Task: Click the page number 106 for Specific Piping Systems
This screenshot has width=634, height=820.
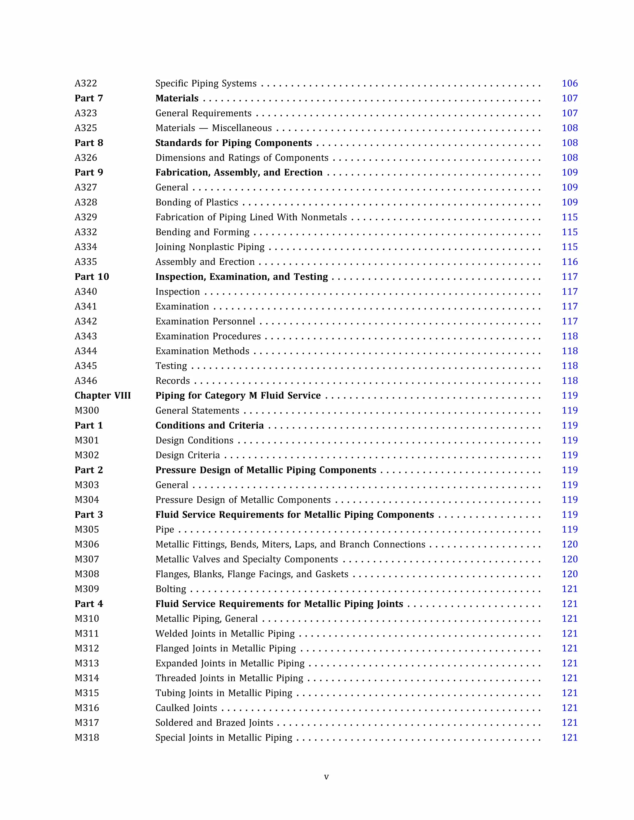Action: coord(569,83)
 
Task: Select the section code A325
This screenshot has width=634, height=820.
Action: coord(86,128)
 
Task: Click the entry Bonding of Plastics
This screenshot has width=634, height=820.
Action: coord(197,202)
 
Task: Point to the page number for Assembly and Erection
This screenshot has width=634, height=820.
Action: coord(569,262)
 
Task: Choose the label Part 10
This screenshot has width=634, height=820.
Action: coord(92,277)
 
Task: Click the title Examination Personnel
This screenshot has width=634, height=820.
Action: coord(205,322)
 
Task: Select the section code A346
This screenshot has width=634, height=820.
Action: coord(86,381)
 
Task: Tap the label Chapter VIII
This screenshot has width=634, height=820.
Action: coord(102,396)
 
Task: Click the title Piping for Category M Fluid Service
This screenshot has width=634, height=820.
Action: coord(238,396)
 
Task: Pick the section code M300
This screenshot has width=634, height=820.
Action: coord(87,410)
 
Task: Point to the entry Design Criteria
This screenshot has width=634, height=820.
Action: coord(187,455)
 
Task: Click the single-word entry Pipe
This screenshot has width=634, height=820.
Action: coord(164,529)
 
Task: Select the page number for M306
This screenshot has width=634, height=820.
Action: coord(569,544)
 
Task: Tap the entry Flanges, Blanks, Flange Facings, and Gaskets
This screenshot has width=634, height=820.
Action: coord(252,574)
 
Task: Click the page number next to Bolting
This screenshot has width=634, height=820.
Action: coord(569,589)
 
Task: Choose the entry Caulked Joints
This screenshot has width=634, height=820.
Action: coord(186,708)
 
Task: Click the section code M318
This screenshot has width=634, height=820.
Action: coord(87,738)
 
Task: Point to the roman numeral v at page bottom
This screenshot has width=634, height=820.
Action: coord(326,777)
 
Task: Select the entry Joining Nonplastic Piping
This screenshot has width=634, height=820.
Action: coord(210,247)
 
